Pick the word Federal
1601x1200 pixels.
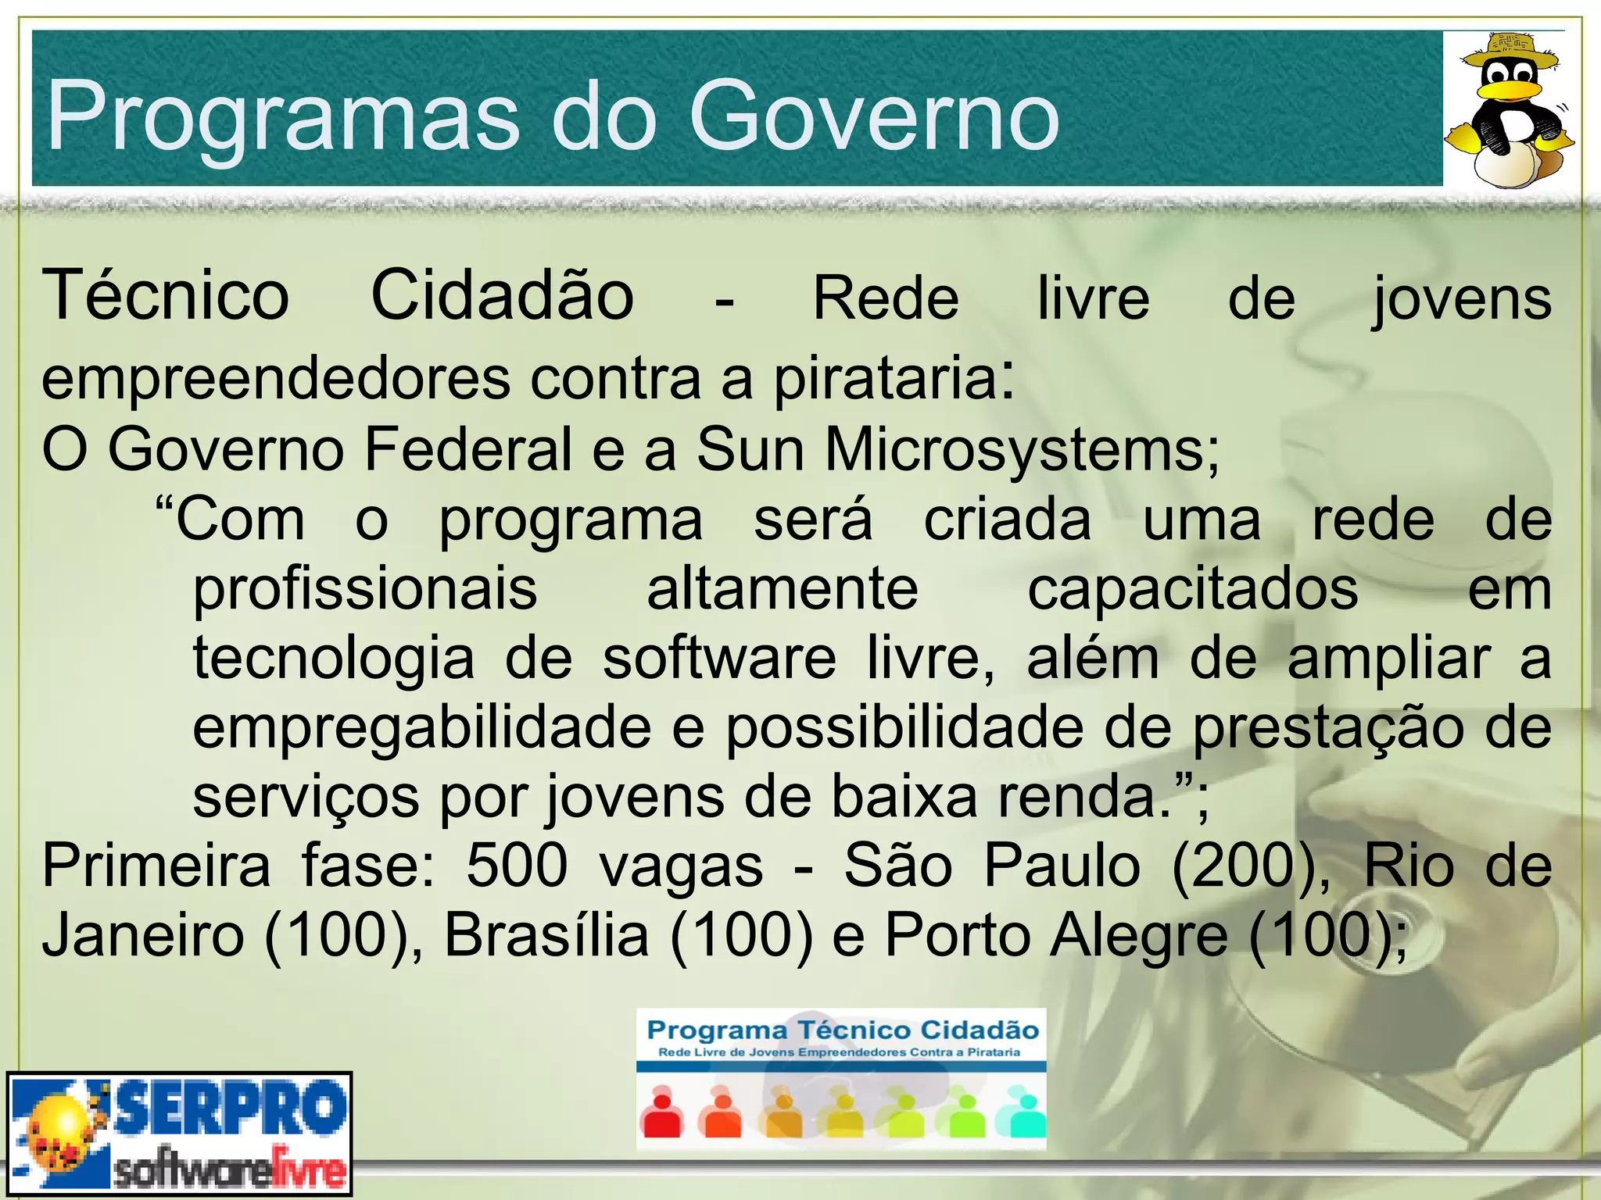[468, 449]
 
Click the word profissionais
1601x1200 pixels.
[365, 590]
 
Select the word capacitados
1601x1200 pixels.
[1193, 590]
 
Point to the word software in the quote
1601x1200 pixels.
[719, 659]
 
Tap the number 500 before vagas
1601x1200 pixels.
[517, 866]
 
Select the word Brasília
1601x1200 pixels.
[546, 935]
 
